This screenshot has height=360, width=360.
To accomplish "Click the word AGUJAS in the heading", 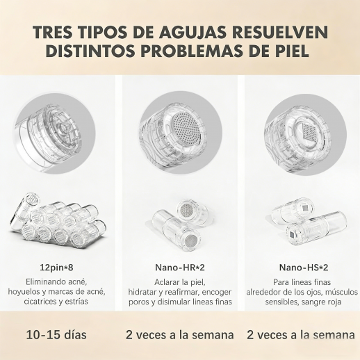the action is tap(193, 32).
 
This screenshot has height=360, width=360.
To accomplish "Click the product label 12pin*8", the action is tap(56, 268).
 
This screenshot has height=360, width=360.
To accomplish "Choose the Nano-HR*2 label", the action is tap(180, 268).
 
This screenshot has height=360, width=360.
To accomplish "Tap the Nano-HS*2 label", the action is tap(304, 268).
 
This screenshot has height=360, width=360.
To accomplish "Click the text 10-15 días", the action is tap(56, 335).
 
